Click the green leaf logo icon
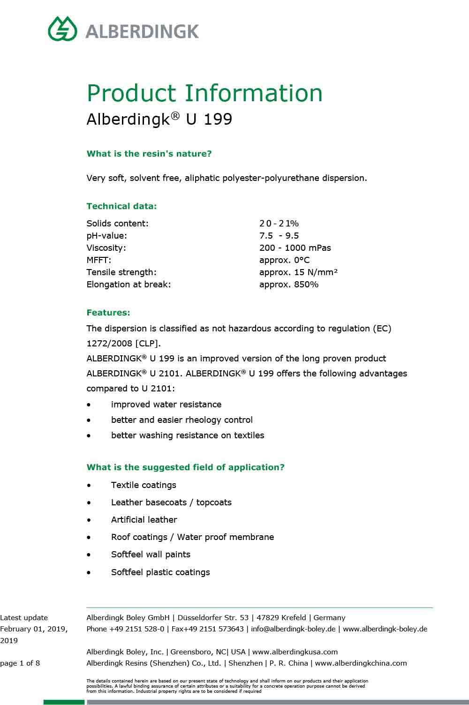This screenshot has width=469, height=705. (x=62, y=29)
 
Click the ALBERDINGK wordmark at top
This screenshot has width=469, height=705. (x=143, y=31)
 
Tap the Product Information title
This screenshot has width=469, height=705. (x=204, y=93)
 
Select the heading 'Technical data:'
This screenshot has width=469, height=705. (x=121, y=206)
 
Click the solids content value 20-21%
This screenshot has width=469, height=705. (x=279, y=224)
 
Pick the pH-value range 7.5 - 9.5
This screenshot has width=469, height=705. (x=279, y=236)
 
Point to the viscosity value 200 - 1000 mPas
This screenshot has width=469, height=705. (x=295, y=248)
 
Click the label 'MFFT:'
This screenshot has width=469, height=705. (x=99, y=260)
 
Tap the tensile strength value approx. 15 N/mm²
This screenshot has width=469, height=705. (x=298, y=272)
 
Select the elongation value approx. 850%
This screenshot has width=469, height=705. (x=288, y=285)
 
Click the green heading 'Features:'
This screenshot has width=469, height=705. (x=108, y=313)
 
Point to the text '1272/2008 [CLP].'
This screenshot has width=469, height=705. (x=123, y=343)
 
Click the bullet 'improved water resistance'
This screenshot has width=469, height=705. (x=166, y=405)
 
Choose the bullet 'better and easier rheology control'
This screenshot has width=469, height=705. (x=182, y=420)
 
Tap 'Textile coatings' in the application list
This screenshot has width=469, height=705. (x=144, y=485)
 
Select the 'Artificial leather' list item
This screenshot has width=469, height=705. (x=144, y=520)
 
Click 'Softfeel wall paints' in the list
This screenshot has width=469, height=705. (x=151, y=555)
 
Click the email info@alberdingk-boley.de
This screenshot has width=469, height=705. (x=293, y=629)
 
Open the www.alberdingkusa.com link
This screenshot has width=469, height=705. (x=295, y=652)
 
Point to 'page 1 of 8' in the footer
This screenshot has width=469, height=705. (x=20, y=663)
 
